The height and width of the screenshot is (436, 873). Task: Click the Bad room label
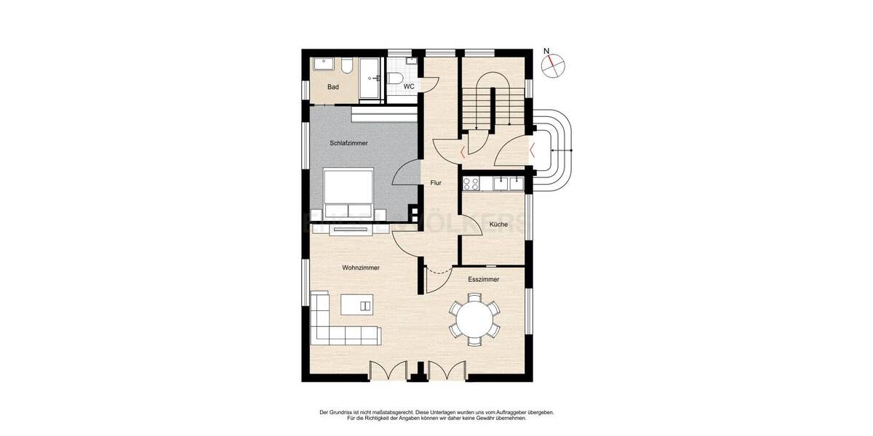click(333, 87)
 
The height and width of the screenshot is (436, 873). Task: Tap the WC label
click(409, 86)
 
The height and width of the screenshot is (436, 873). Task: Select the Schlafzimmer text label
click(348, 143)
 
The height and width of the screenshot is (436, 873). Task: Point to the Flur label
click(436, 183)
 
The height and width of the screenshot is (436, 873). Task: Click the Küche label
click(498, 225)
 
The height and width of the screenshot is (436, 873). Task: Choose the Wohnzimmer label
click(361, 267)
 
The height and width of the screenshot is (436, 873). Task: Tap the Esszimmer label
click(483, 278)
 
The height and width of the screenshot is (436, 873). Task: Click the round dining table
click(474, 318)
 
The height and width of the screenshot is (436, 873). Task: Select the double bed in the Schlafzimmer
click(348, 193)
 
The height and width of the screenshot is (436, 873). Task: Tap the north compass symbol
click(554, 65)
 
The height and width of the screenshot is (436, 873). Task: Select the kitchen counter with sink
click(493, 182)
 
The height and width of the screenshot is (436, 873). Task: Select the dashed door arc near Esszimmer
click(438, 274)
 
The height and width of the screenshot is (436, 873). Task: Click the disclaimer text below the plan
click(436, 415)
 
